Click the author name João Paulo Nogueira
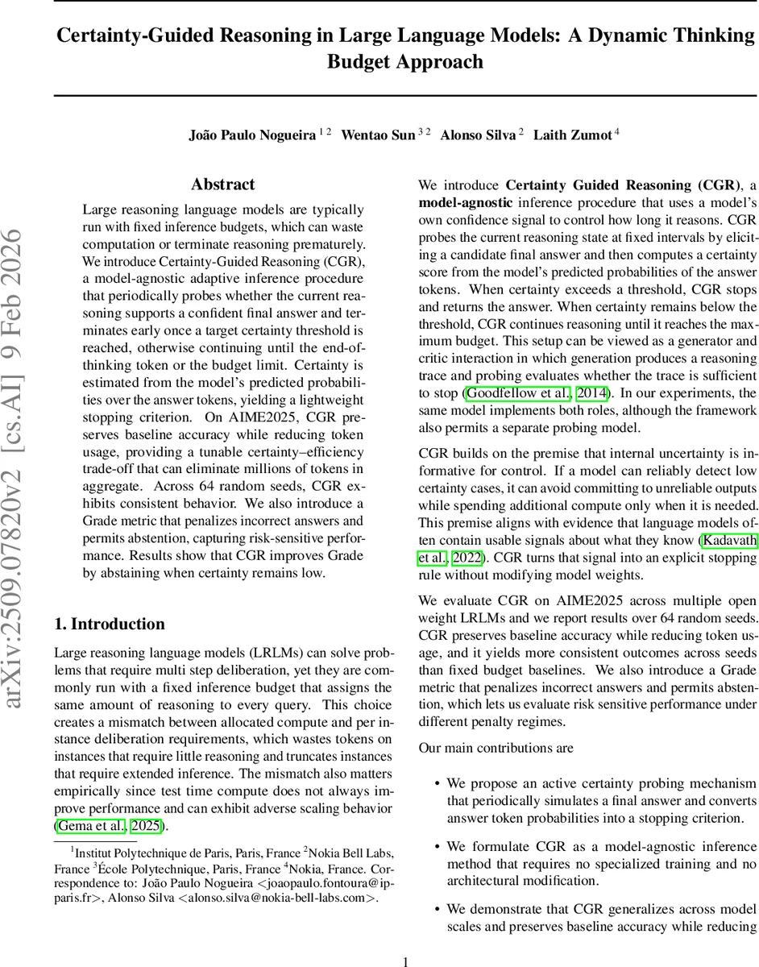coord(251,135)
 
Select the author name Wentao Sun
coord(377,135)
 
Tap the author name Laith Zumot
coord(574,135)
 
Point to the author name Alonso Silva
coord(477,135)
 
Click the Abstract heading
coord(223,185)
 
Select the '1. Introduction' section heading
coord(109,624)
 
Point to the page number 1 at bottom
coord(405,961)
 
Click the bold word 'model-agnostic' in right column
coord(465,202)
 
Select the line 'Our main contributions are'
coord(496,748)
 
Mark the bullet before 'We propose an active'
coord(437,783)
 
